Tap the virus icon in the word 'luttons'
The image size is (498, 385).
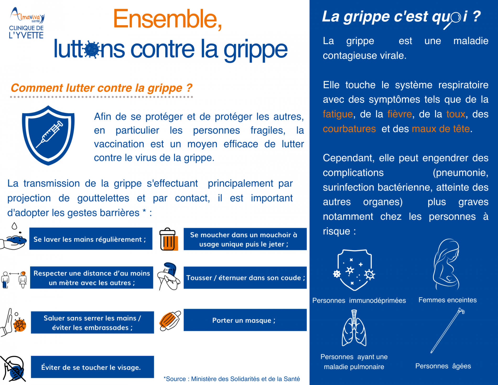pyautogui.click(x=92, y=49)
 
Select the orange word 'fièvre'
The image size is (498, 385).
pyautogui.click(x=400, y=114)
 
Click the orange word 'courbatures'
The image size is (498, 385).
pyautogui.click(x=349, y=129)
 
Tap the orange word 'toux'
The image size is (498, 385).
pyautogui.click(x=456, y=114)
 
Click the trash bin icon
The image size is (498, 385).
pyautogui.click(x=168, y=239)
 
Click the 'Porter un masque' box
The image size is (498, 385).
pyautogui.click(x=245, y=320)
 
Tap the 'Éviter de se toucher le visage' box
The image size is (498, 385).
pyautogui.click(x=92, y=367)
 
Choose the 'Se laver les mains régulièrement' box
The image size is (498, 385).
pyautogui.click(x=91, y=239)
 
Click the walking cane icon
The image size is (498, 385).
pyautogui.click(x=447, y=331)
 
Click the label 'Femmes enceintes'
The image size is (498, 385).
pyautogui.click(x=447, y=300)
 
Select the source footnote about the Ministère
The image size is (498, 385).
pyautogui.click(x=232, y=379)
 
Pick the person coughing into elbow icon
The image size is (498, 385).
pyautogui.click(x=169, y=277)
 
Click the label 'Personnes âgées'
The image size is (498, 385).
pyautogui.click(x=443, y=366)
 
